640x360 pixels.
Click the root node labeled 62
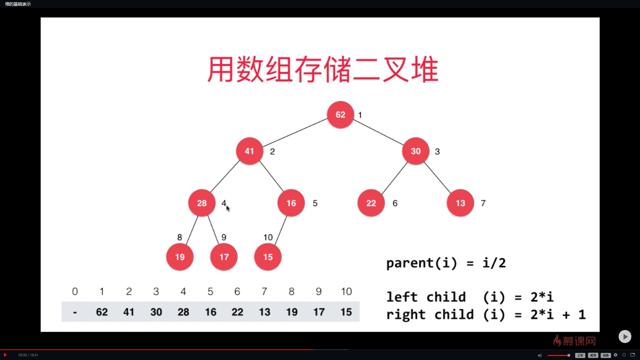pos(340,115)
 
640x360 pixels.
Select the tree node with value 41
pos(249,151)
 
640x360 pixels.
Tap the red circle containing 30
pos(415,151)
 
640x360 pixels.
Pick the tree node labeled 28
pos(202,203)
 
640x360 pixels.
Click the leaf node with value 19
pos(180,257)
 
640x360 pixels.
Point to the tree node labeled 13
pos(460,203)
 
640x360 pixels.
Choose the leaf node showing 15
pos(268,257)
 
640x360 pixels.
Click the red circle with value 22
pos(371,203)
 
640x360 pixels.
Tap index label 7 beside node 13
pos(483,203)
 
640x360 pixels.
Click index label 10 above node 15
pos(268,237)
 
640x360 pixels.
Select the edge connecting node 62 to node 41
pos(295,132)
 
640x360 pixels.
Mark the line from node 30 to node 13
pos(437,177)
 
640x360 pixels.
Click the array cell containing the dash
pos(75,312)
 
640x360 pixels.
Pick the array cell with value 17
pos(319,312)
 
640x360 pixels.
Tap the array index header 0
pos(75,292)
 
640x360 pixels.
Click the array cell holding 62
pos(102,312)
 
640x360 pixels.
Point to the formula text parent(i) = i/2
pos(446,263)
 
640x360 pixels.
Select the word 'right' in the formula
pos(406,315)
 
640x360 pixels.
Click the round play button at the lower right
pos(625,337)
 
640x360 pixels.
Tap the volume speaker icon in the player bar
pos(540,355)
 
